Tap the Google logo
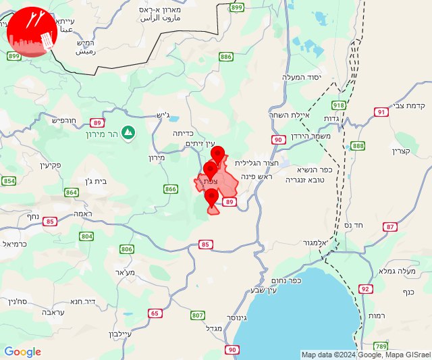click(22, 352)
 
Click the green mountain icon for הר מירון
click(128, 132)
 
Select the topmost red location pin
click(217, 153)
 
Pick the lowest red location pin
click(212, 197)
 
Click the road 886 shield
click(226, 57)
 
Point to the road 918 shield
click(338, 105)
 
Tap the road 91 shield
click(381, 112)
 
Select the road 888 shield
click(358, 146)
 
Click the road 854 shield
click(9, 181)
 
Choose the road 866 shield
click(170, 189)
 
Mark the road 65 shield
click(156, 313)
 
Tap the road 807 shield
click(197, 315)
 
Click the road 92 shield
click(365, 289)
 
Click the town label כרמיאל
click(14, 243)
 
